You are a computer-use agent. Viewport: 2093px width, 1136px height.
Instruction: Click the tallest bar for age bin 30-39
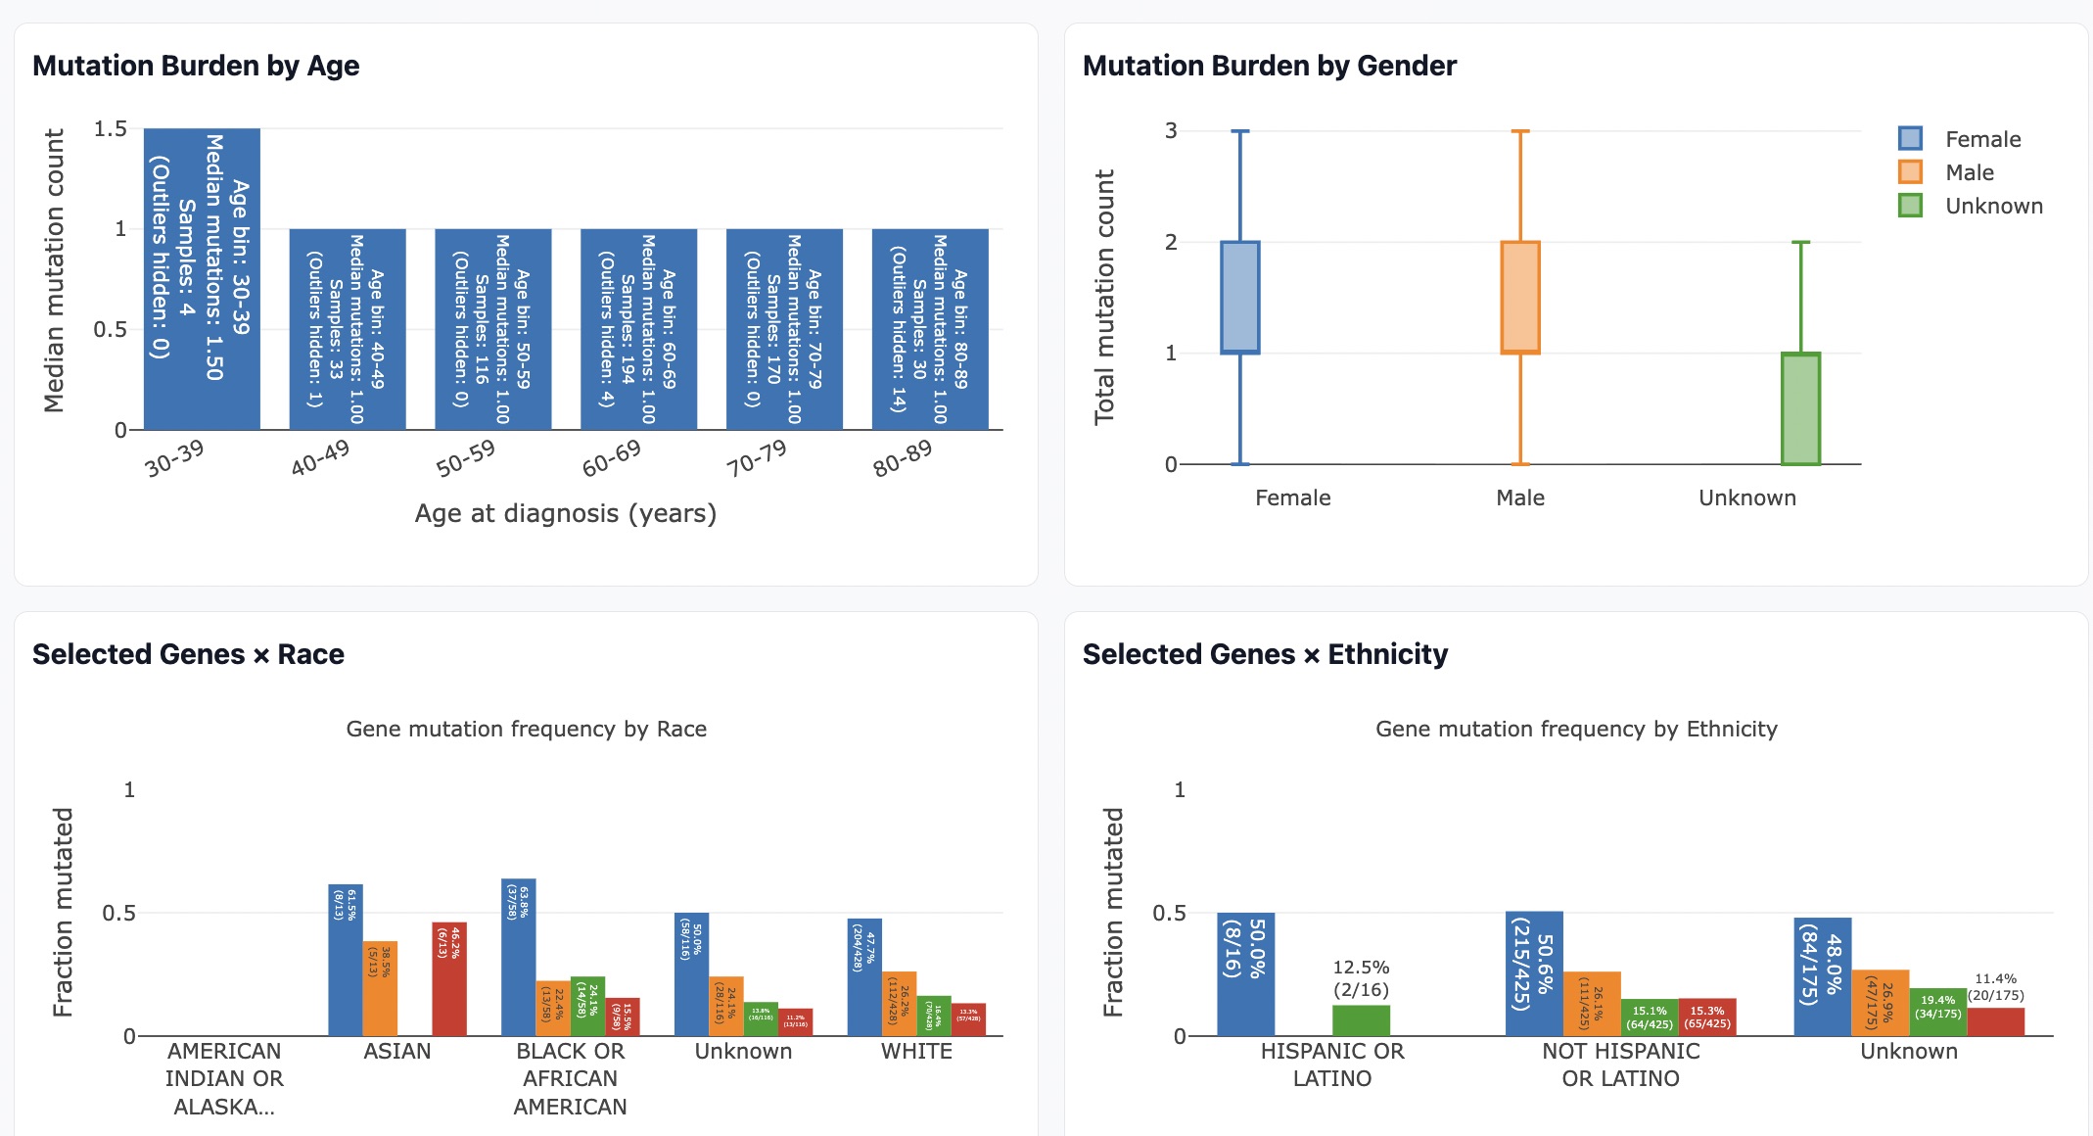[x=202, y=279]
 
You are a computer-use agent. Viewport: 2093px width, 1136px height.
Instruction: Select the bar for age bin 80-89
[x=930, y=329]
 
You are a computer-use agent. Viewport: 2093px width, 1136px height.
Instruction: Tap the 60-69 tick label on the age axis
[x=612, y=458]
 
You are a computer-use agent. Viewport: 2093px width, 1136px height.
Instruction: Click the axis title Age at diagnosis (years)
[x=565, y=513]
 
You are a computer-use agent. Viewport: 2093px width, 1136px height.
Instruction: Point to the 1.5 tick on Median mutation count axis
[x=110, y=129]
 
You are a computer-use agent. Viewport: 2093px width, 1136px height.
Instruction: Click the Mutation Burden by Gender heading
[x=1269, y=66]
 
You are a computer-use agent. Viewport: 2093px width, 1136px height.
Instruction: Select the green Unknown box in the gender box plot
[x=1800, y=408]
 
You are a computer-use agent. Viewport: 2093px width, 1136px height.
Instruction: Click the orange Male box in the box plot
[x=1520, y=298]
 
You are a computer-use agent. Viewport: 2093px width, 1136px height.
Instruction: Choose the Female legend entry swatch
[x=1910, y=138]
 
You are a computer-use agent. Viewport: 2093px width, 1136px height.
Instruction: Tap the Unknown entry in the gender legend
[x=1993, y=206]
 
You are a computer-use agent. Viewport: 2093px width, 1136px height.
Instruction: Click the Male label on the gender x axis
[x=1520, y=497]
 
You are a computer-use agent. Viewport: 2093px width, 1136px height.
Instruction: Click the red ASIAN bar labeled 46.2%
[x=449, y=978]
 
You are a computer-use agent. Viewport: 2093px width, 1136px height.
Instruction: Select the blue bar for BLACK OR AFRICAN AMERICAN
[x=518, y=957]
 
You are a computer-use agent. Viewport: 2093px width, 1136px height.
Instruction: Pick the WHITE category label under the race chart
[x=916, y=1051]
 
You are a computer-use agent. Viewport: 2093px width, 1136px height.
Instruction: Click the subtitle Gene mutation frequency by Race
[x=526, y=729]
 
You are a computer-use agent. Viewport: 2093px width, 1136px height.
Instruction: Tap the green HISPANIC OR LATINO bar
[x=1361, y=1020]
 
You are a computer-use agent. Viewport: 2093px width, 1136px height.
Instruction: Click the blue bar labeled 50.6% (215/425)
[x=1534, y=973]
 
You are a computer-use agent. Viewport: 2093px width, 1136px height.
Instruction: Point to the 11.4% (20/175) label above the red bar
[x=1996, y=986]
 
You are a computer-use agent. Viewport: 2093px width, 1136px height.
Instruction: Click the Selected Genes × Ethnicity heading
[x=1265, y=654]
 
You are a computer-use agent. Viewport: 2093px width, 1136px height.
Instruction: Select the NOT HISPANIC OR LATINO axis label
[x=1620, y=1065]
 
